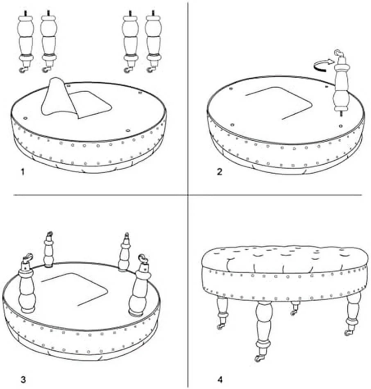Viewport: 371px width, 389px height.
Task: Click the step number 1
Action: (23, 172)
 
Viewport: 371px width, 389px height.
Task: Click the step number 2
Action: (219, 172)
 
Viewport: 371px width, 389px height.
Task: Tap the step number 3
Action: (23, 380)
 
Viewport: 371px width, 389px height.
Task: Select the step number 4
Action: (220, 380)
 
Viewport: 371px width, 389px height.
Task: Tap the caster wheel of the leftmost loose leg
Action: (23, 70)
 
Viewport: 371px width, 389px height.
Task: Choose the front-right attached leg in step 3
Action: (139, 285)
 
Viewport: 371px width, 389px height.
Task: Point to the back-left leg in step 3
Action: (49, 249)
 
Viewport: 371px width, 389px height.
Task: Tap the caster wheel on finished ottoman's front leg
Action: (258, 358)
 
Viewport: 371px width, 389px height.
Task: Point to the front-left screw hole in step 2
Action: (232, 125)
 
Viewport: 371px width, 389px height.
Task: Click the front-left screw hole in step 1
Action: (25, 118)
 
